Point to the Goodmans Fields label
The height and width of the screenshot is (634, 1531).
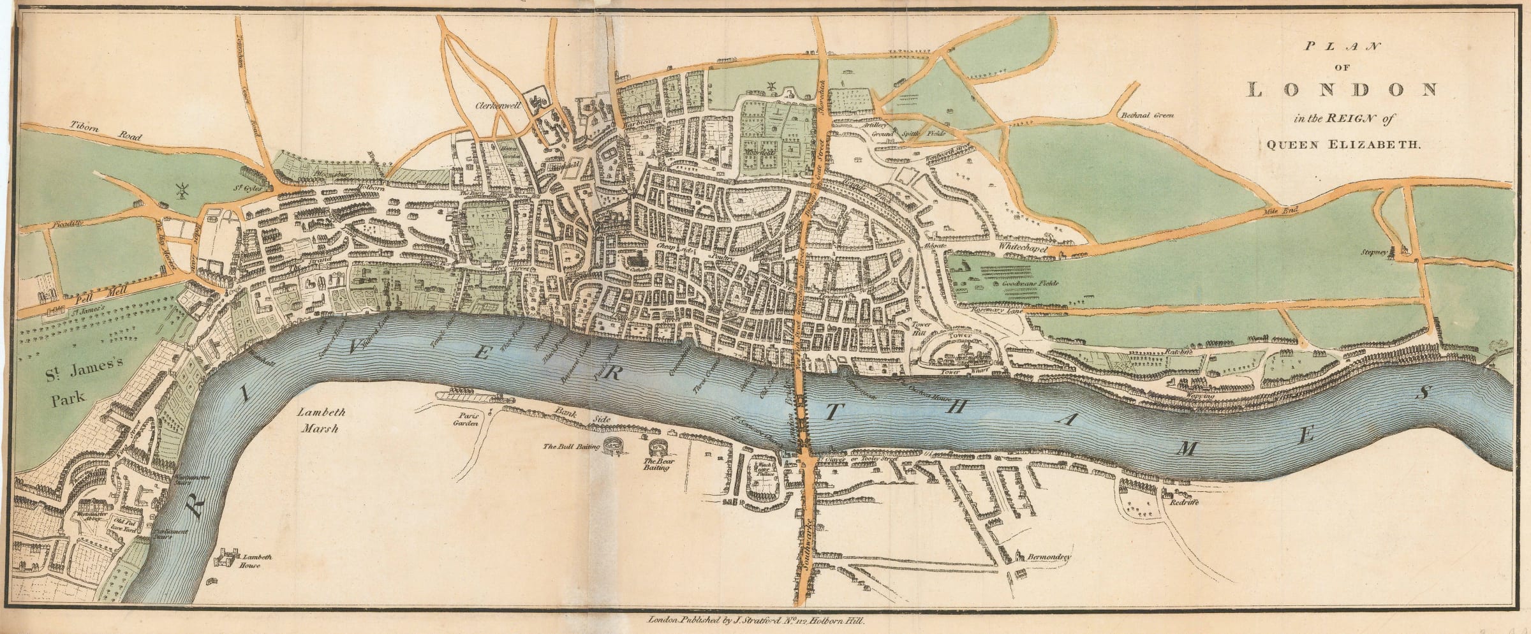point(1016,283)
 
